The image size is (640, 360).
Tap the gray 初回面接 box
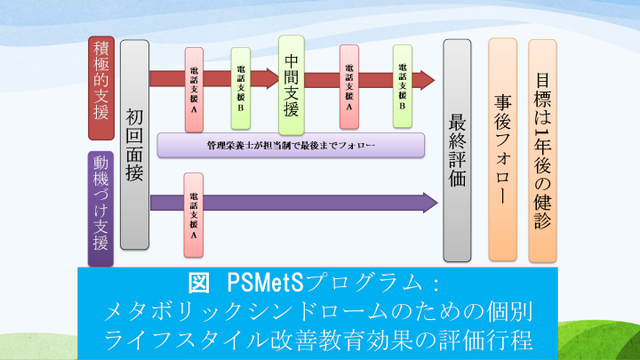click(134, 144)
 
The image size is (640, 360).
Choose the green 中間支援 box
click(292, 82)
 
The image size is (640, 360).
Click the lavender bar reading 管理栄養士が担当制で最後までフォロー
click(290, 144)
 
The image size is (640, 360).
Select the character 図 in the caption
click(200, 283)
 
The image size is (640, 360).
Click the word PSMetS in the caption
click(266, 283)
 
